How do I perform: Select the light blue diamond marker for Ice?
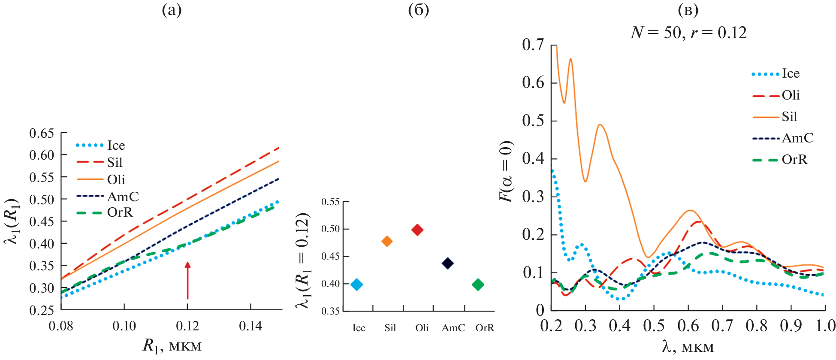356,284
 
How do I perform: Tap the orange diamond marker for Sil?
387,241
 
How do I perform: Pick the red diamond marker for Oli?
417,230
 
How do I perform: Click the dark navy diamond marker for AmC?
447,263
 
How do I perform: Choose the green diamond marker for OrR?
478,284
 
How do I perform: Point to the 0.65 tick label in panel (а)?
42,133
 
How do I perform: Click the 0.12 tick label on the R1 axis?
187,326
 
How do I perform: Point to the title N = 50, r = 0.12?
688,33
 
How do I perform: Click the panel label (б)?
418,10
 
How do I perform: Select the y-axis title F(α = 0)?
507,171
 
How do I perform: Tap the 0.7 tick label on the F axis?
533,45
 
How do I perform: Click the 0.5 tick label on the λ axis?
654,326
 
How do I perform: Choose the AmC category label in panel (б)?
453,328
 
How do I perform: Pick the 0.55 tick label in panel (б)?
330,202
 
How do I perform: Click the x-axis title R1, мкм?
172,346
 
